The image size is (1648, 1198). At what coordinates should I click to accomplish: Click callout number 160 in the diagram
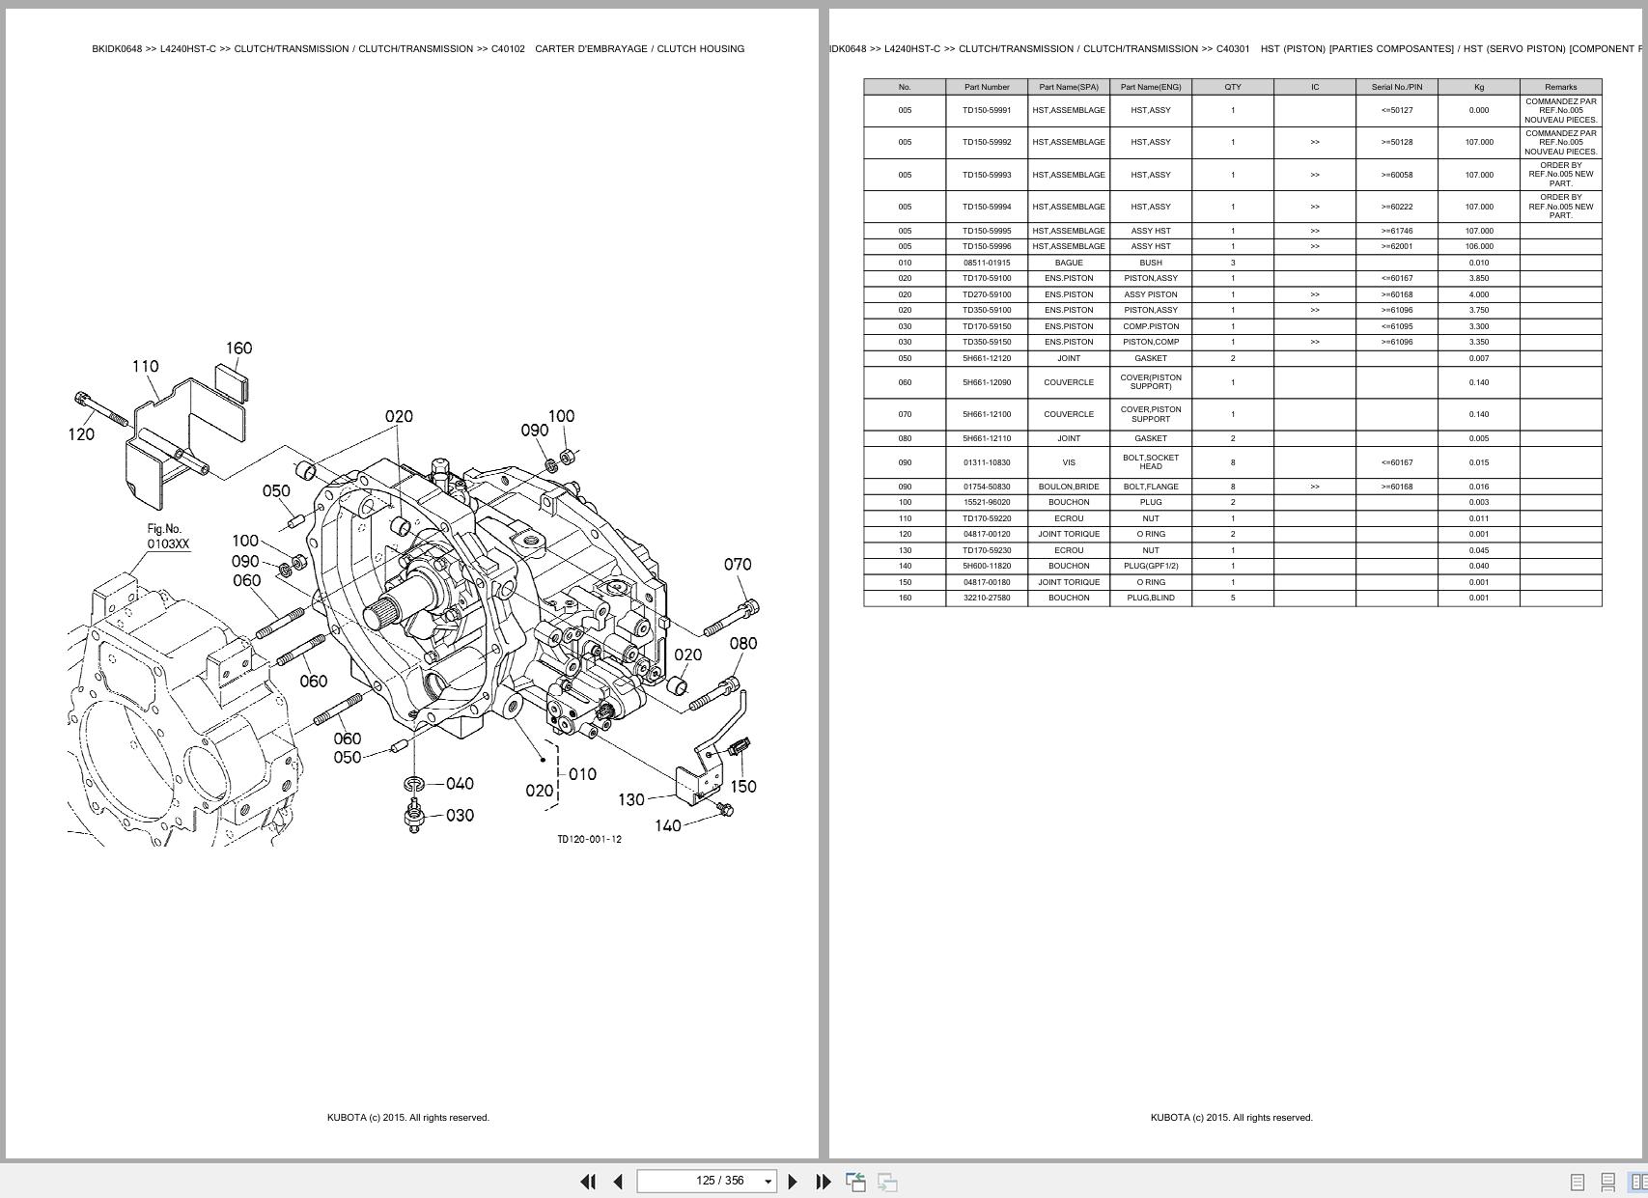(238, 348)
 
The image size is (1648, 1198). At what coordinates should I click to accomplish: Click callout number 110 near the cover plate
(145, 367)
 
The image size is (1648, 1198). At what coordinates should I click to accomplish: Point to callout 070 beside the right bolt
(738, 565)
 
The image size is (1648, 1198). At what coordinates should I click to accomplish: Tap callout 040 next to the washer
(460, 784)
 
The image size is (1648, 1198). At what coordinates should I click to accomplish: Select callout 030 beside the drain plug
(460, 816)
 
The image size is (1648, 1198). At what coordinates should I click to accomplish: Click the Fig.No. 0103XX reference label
(167, 537)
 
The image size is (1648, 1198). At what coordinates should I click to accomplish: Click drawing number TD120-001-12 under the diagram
(589, 839)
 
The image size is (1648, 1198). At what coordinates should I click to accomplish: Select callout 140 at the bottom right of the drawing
(668, 826)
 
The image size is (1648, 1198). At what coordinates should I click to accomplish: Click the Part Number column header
(987, 87)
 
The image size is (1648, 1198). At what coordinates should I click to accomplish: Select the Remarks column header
(1560, 87)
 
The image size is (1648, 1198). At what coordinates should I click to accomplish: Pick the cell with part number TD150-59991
(987, 110)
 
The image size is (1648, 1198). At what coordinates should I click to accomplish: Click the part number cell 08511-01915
(987, 263)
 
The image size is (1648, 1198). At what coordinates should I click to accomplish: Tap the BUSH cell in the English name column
(1151, 263)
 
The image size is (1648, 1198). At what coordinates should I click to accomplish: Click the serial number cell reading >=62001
(1396, 246)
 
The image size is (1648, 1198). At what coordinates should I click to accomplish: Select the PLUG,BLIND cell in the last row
(1151, 598)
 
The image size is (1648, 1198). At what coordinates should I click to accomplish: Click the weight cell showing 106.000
(1478, 246)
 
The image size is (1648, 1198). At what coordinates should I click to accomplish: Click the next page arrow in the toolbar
(793, 1182)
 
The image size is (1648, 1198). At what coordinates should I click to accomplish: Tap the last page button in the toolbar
(824, 1182)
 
